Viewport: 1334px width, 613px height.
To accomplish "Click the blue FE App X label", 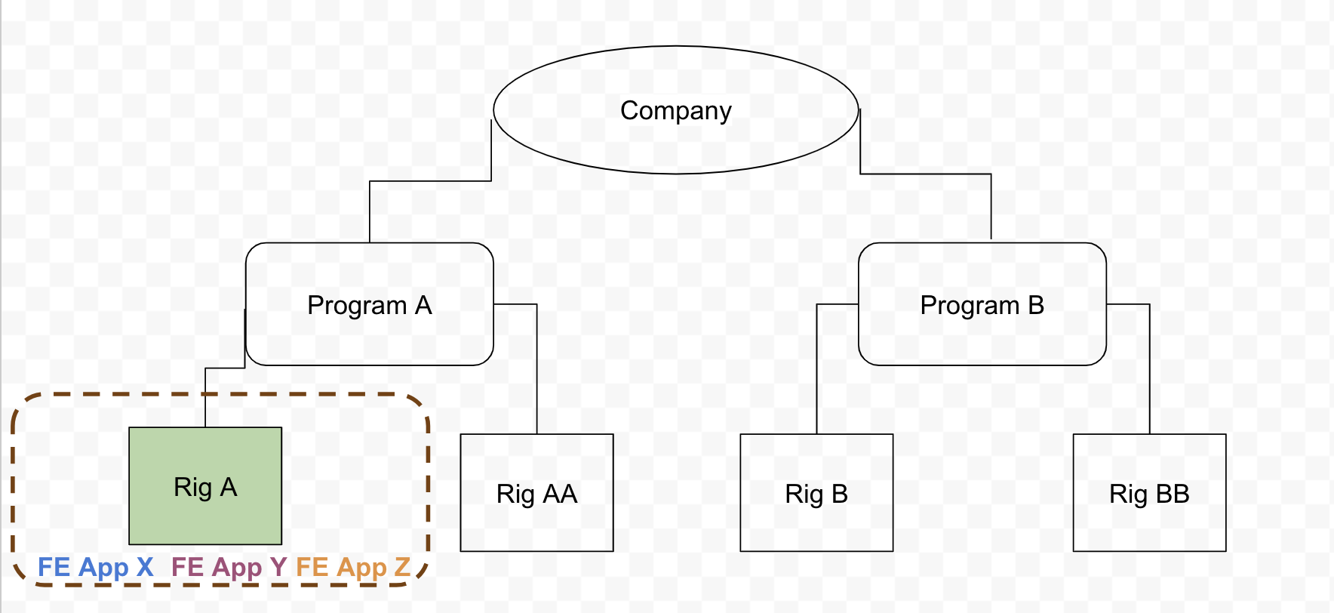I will tap(95, 567).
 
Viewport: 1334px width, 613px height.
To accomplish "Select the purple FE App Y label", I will tap(229, 567).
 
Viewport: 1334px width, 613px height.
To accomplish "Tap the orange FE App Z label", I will tap(353, 567).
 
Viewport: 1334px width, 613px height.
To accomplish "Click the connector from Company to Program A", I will tap(430, 181).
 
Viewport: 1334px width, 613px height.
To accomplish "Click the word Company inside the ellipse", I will tap(675, 111).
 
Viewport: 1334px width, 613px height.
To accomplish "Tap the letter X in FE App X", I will tap(145, 567).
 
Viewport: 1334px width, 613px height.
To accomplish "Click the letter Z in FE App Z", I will tap(402, 567).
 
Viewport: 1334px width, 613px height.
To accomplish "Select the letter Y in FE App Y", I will tap(278, 567).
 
